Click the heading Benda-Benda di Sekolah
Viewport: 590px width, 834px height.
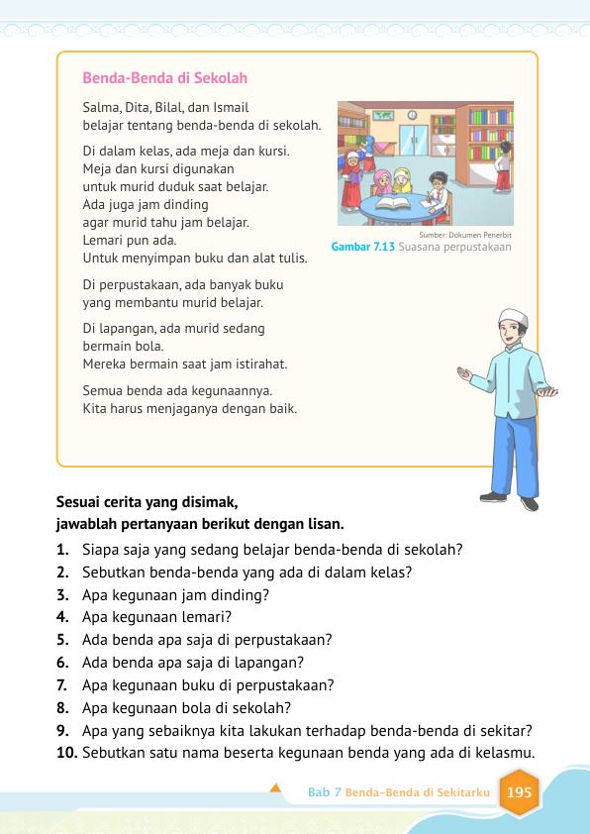165,77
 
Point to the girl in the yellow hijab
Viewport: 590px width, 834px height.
402,178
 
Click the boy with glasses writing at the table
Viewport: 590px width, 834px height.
437,187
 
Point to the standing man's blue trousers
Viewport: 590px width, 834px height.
515,451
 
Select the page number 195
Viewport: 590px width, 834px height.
518,792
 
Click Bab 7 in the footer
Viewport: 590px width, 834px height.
324,793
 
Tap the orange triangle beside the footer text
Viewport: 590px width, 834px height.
276,790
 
